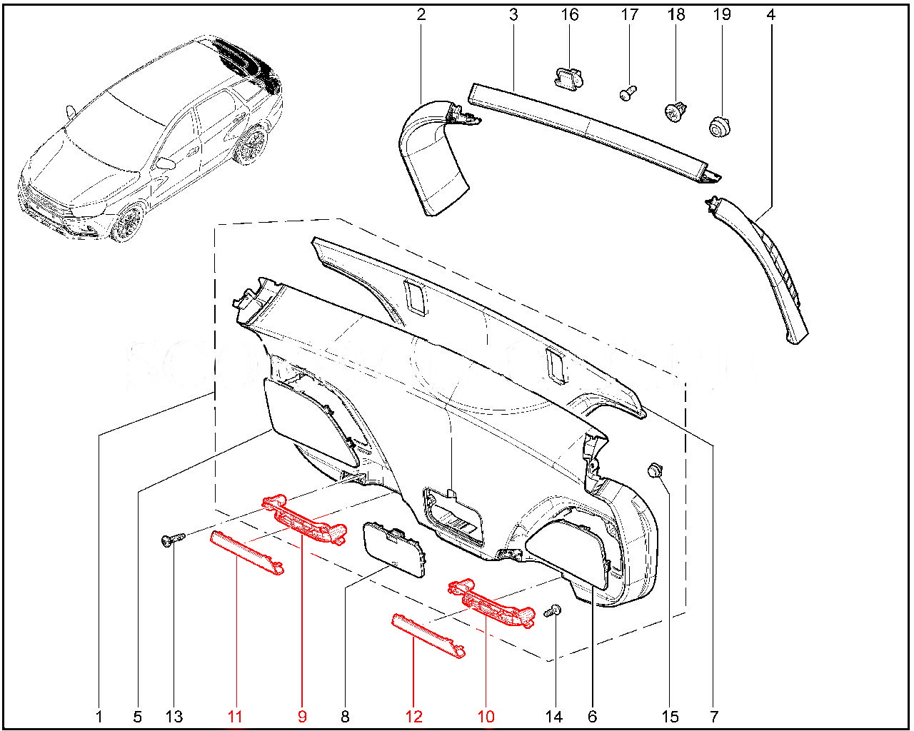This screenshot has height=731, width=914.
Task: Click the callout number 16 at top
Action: (x=570, y=14)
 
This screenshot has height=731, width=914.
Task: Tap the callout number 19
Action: (x=722, y=14)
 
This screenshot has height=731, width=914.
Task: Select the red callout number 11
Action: (x=235, y=717)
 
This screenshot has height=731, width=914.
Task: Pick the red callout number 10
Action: (x=486, y=717)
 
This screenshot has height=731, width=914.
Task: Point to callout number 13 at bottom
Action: (x=174, y=717)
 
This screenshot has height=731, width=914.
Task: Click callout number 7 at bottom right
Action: (x=714, y=717)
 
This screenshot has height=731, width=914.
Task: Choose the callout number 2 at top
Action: (x=421, y=14)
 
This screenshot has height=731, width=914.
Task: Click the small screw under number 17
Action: (x=628, y=93)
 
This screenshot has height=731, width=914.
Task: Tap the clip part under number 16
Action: (x=568, y=77)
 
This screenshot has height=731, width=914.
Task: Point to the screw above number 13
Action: (x=173, y=540)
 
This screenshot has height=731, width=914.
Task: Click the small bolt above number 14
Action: (x=553, y=612)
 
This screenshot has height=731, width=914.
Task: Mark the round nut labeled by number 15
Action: (x=656, y=470)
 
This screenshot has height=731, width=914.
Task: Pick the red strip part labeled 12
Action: (x=428, y=636)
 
